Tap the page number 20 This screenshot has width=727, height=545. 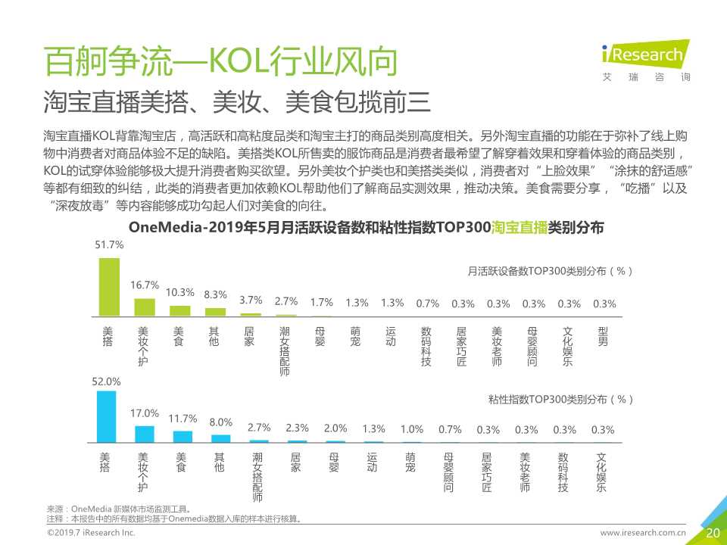[713, 533]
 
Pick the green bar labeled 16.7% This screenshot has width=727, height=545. [145, 307]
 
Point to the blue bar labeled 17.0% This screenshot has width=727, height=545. [145, 434]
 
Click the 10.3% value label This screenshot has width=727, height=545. [180, 292]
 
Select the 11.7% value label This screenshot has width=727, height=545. [183, 418]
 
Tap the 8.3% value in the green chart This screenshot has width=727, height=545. [216, 294]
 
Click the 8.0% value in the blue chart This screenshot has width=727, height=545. [220, 422]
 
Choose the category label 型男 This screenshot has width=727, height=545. [603, 337]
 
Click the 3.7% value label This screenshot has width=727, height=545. [251, 300]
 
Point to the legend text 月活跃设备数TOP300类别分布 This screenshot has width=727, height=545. [551, 270]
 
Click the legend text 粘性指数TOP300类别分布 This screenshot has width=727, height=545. [560, 398]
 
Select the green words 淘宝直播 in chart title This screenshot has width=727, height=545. [519, 228]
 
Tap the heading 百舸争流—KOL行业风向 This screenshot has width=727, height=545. [220, 63]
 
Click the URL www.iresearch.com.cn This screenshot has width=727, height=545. [643, 533]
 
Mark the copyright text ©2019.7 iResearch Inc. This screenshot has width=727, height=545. [92, 533]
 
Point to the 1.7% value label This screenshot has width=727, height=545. [322, 302]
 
